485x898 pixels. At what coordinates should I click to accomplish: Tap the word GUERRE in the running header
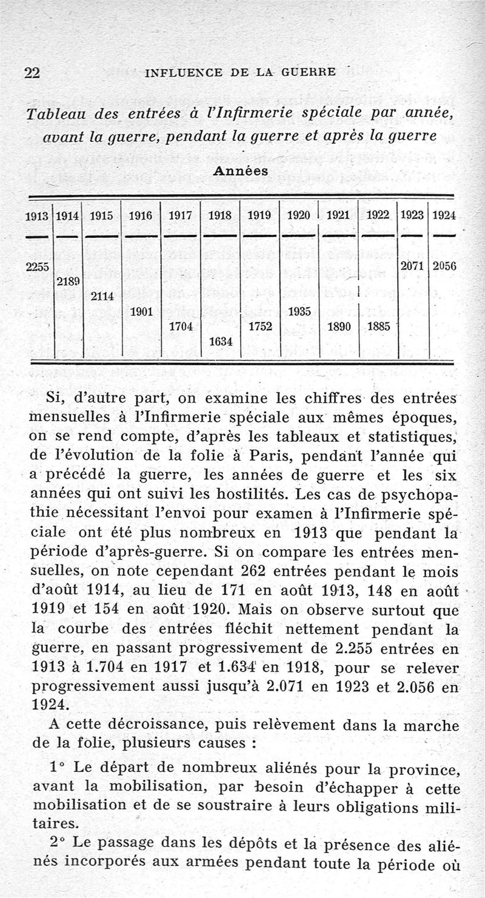coord(308,73)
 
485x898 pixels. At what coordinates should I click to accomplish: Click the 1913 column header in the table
coord(38,216)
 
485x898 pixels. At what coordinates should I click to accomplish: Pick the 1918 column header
coord(220,216)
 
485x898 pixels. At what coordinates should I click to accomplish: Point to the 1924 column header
coord(444,216)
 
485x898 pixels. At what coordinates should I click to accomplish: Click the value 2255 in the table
coord(38,266)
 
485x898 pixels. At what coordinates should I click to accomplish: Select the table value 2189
coord(69,282)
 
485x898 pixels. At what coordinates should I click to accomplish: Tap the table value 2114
coord(102,297)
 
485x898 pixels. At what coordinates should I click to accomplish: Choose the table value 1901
coord(141,312)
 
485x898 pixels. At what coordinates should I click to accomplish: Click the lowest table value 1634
coord(220,342)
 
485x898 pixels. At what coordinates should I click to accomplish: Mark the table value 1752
coord(259,326)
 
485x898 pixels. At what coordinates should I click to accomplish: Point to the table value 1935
coord(299,312)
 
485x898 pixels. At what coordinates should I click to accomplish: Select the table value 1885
coord(379,326)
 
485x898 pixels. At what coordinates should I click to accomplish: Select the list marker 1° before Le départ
coord(58,768)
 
